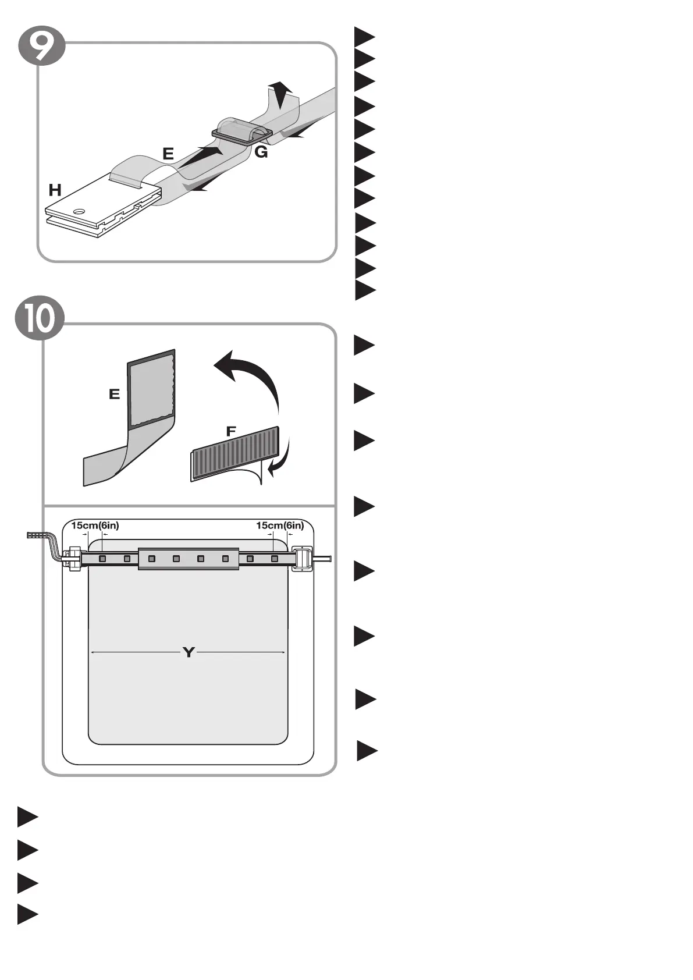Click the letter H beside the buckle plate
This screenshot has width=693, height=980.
point(55,190)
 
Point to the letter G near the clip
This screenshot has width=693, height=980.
point(261,152)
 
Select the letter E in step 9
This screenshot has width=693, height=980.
point(168,154)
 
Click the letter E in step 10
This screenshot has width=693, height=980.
point(115,395)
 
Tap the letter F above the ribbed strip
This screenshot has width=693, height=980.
point(231,432)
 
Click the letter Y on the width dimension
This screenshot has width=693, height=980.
point(188,652)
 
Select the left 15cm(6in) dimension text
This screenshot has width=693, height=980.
point(95,525)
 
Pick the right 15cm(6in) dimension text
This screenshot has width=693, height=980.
point(280,525)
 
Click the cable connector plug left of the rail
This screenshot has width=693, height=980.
point(37,535)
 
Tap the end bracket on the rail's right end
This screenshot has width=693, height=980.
point(302,559)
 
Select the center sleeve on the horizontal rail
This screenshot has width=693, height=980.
point(189,559)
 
